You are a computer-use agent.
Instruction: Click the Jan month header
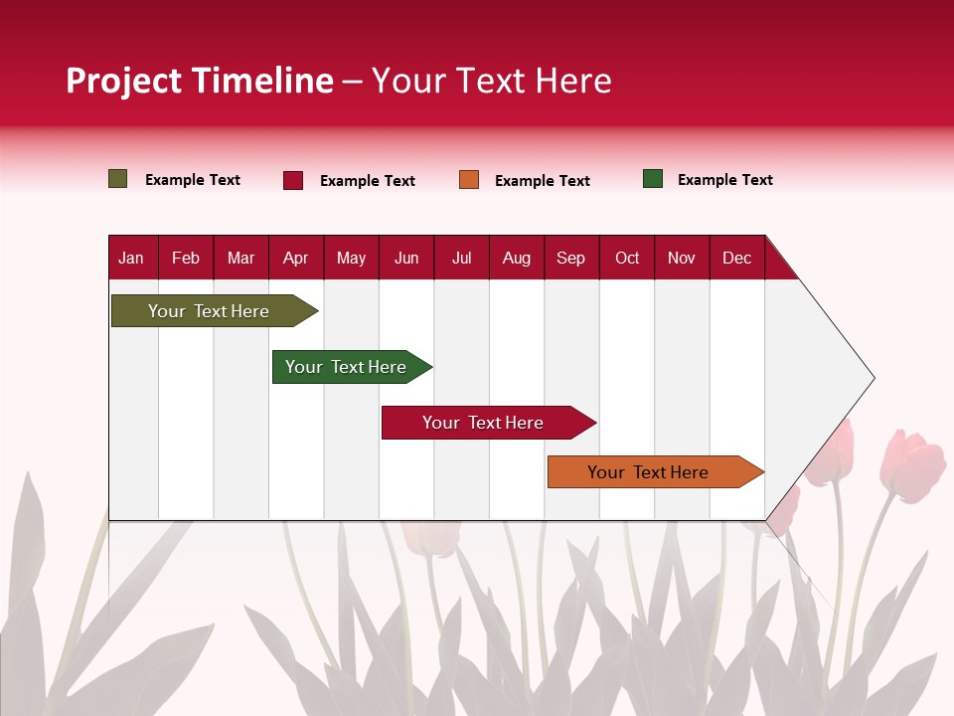[131, 259]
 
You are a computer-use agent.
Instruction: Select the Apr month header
[296, 259]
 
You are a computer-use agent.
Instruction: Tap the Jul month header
[461, 259]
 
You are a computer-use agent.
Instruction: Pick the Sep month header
[571, 259]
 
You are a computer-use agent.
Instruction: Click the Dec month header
[736, 259]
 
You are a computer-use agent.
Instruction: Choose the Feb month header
[186, 259]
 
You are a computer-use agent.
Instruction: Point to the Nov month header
[682, 259]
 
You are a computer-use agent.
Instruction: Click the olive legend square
[118, 179]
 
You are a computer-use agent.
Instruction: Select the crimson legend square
[293, 180]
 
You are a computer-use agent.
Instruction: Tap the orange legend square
[469, 179]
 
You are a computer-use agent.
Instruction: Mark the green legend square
[653, 179]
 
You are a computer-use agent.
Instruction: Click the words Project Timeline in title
[200, 81]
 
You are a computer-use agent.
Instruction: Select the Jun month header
[406, 259]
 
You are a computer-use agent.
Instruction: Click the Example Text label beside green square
[724, 180]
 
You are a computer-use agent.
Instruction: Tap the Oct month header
[627, 259]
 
